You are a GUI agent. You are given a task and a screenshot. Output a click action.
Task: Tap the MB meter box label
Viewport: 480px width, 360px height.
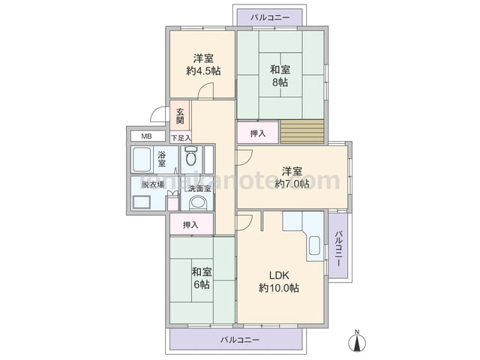pyautogui.click(x=146, y=136)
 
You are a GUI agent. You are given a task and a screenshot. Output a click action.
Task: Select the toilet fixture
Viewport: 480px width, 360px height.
pyautogui.click(x=192, y=155)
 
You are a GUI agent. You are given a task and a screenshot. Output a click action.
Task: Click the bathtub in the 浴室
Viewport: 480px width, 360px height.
pyautogui.click(x=142, y=160)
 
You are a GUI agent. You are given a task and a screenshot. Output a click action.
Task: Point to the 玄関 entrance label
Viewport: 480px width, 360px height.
pyautogui.click(x=180, y=116)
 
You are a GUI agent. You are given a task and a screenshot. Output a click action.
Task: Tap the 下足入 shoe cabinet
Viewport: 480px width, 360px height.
pyautogui.click(x=181, y=138)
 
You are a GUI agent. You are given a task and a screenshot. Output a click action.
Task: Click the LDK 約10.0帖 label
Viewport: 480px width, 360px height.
pyautogui.click(x=279, y=282)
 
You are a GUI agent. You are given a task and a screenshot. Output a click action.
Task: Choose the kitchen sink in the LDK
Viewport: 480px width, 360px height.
pyautogui.click(x=314, y=246)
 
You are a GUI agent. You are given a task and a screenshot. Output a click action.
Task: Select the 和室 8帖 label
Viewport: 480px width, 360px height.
pyautogui.click(x=280, y=76)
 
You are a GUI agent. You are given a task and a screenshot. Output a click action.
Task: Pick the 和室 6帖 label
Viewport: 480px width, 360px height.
pyautogui.click(x=202, y=278)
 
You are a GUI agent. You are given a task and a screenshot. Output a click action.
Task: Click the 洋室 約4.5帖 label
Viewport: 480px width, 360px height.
pyautogui.click(x=203, y=64)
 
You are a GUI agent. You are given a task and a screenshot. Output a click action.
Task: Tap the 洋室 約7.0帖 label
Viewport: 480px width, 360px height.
pyautogui.click(x=292, y=177)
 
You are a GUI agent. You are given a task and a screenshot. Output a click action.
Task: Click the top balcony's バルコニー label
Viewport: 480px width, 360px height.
pyautogui.click(x=270, y=17)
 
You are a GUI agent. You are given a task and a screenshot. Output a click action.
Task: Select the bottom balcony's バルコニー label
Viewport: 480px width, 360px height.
pyautogui.click(x=240, y=340)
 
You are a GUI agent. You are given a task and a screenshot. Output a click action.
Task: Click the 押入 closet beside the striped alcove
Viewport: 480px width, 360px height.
pyautogui.click(x=258, y=133)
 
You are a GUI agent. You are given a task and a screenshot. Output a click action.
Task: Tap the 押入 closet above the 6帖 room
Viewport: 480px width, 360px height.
pyautogui.click(x=191, y=224)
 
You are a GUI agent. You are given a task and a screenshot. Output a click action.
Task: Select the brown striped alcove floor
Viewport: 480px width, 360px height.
pyautogui.click(x=302, y=132)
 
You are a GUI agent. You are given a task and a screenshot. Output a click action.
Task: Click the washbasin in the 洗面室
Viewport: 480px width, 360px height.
pyautogui.click(x=197, y=203)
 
